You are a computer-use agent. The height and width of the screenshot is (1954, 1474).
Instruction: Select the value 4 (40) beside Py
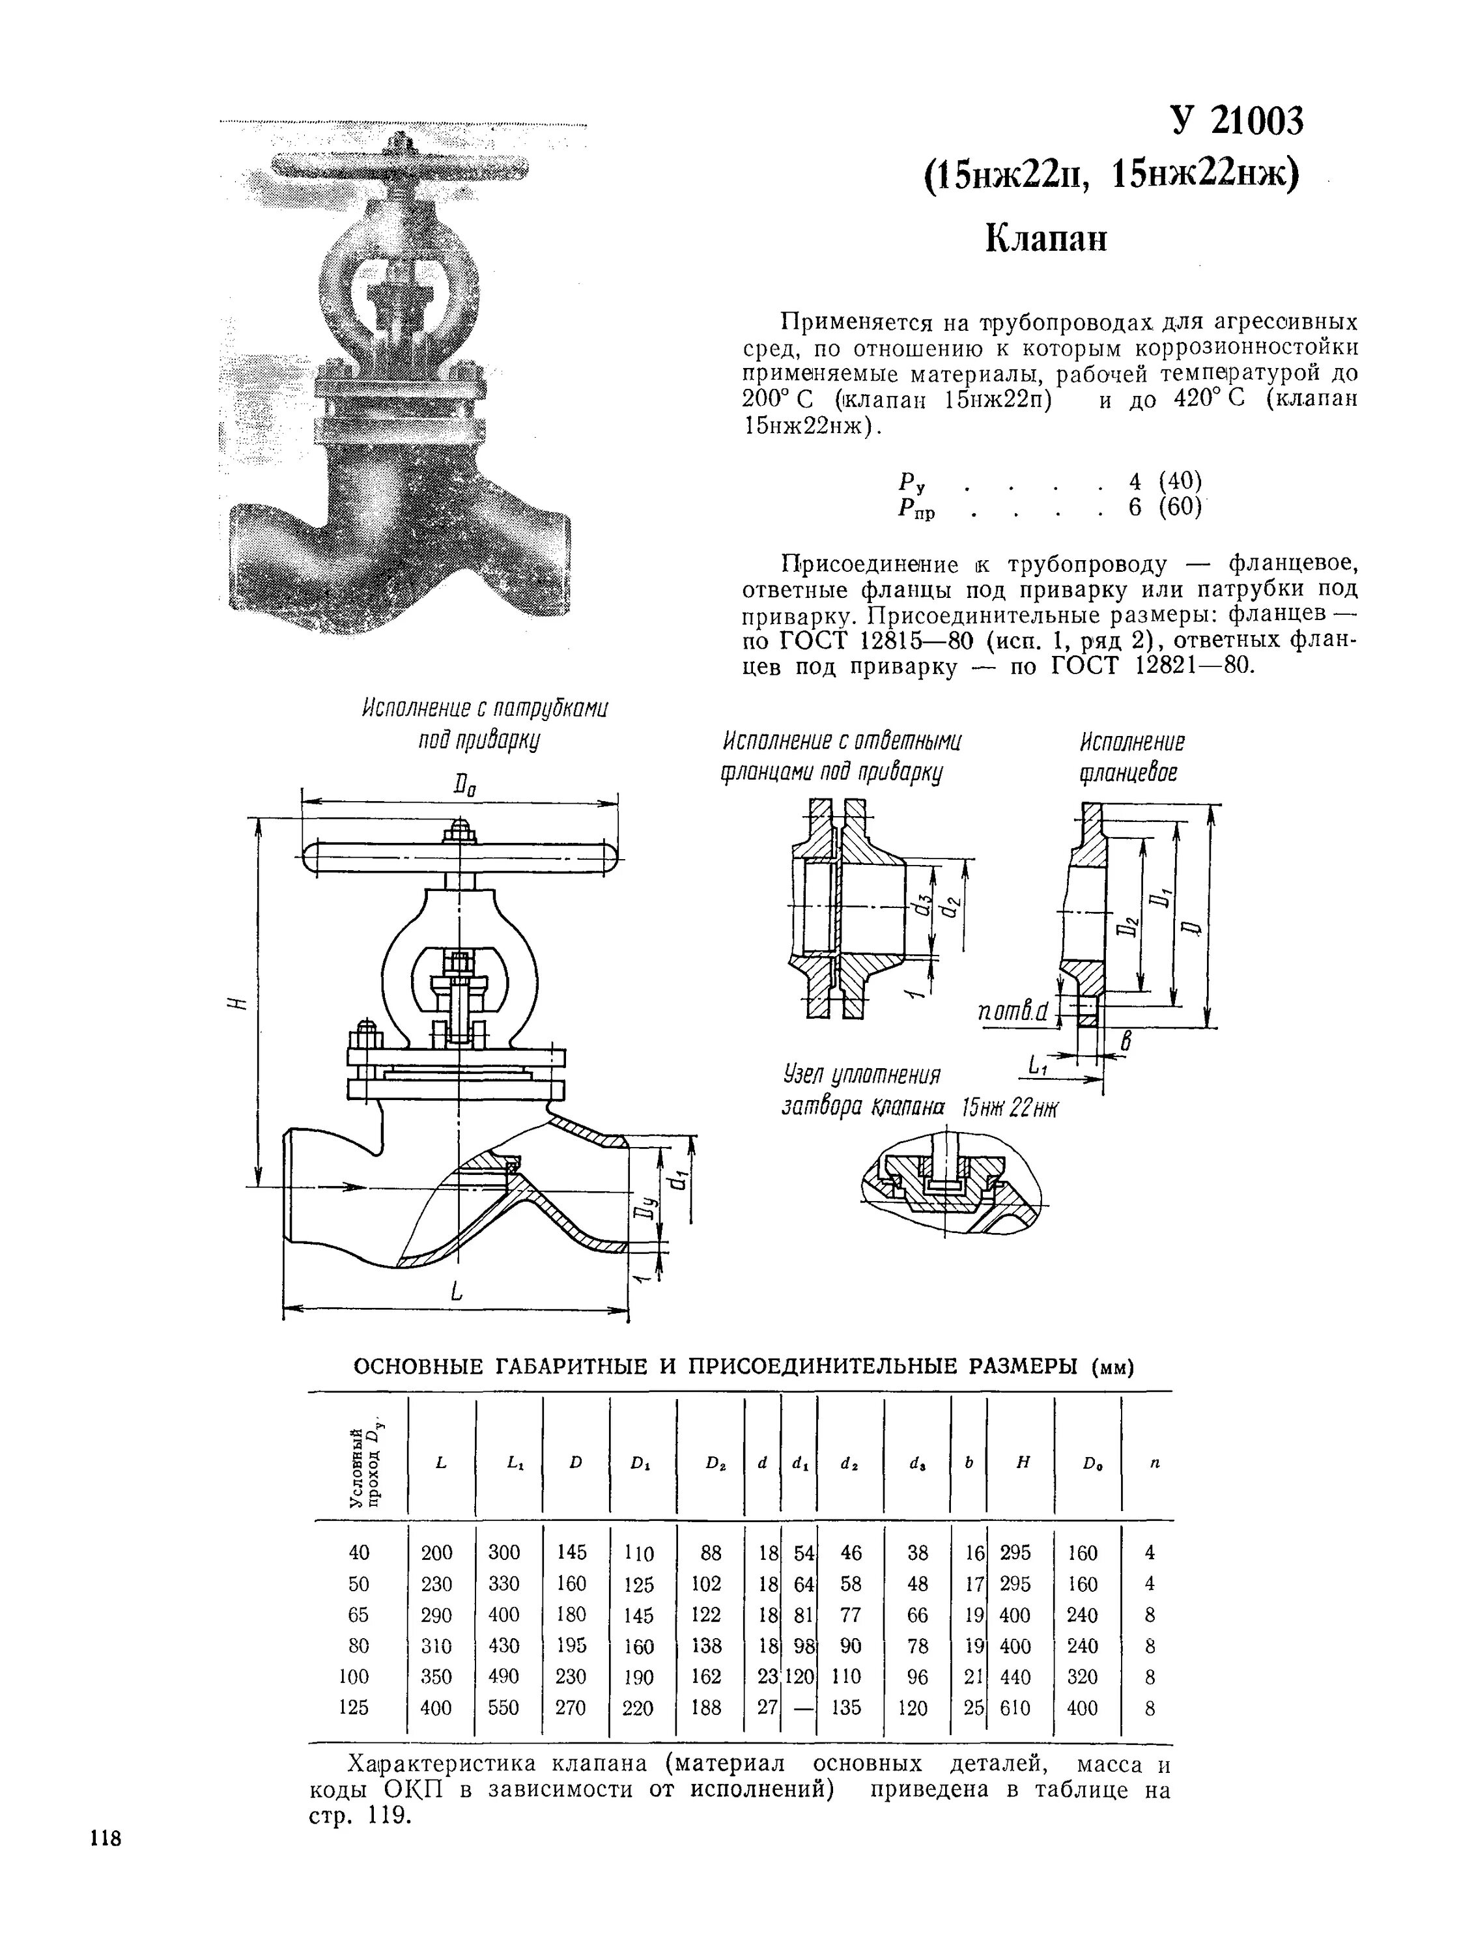(1166, 481)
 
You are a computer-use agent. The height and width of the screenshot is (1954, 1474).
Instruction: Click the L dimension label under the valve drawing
(457, 1294)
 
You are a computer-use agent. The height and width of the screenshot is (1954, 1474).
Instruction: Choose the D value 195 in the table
(571, 1646)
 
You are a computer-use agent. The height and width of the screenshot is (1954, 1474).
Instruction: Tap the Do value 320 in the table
(1082, 1677)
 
